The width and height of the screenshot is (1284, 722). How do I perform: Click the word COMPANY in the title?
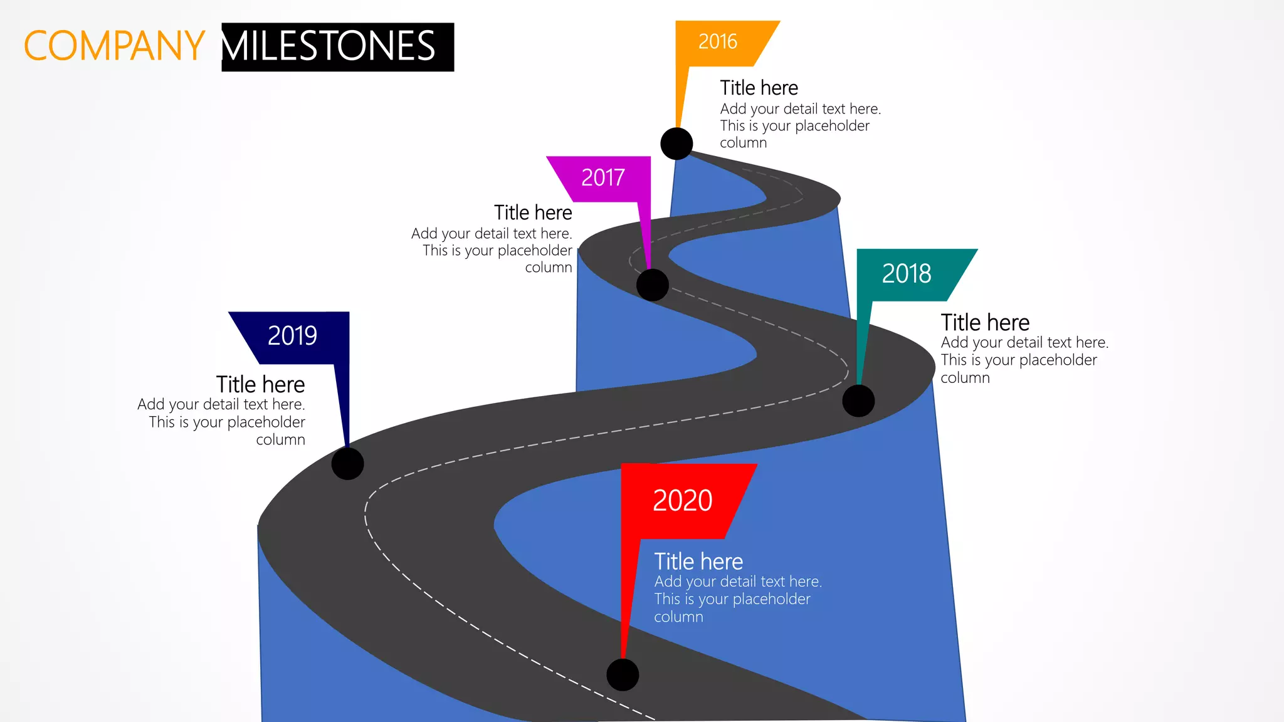(x=114, y=46)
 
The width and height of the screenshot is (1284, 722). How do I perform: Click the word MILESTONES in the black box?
(x=329, y=46)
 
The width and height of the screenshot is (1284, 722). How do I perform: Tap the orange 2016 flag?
(x=718, y=43)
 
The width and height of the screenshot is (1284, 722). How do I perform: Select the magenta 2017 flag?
(x=603, y=178)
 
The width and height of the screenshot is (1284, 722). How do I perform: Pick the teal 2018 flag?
(x=907, y=274)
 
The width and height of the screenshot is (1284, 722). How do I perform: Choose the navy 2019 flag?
(x=293, y=336)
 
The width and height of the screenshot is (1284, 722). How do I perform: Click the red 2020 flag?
(x=683, y=501)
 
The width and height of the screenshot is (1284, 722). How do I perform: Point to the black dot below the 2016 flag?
(x=676, y=144)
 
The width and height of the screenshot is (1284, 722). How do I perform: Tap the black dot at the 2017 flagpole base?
(x=652, y=285)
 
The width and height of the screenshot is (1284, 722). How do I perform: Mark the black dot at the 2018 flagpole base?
(x=858, y=400)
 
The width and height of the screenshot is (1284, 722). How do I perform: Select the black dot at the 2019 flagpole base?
(x=347, y=464)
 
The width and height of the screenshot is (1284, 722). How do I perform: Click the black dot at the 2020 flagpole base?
(x=623, y=675)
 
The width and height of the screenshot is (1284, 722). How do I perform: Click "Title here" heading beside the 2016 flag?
(x=759, y=88)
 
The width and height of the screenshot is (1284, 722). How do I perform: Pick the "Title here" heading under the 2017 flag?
(x=533, y=213)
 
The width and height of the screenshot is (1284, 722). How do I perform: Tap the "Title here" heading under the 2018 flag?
(x=985, y=323)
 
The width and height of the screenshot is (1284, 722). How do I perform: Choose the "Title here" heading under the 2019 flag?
(x=260, y=384)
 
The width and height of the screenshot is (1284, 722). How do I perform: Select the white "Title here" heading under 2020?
(x=698, y=562)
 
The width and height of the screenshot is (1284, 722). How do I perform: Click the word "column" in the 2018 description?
(x=965, y=378)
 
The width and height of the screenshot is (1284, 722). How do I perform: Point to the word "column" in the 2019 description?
(x=280, y=440)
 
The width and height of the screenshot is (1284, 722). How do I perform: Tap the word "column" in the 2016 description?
(x=743, y=143)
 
